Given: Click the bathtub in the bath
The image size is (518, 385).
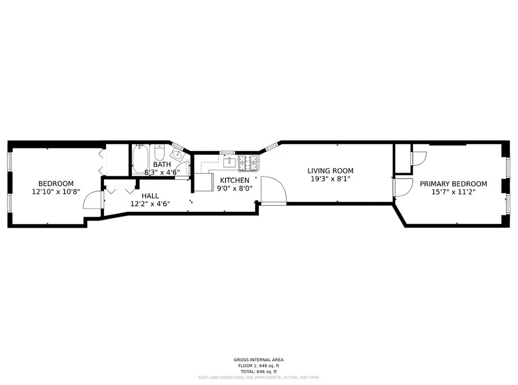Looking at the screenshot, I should point(140,159).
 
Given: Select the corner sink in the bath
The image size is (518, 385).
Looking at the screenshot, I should point(177,155).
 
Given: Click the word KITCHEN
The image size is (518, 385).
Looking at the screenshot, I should point(235,180).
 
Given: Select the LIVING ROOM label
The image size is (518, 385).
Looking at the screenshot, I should point(330,171).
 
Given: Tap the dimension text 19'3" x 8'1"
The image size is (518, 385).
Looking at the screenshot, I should point(330,179).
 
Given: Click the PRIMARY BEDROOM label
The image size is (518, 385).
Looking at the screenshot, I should point(453,184).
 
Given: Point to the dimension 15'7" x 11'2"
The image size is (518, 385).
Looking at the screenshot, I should point(453,192).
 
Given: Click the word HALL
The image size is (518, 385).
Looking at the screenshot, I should point(150,196).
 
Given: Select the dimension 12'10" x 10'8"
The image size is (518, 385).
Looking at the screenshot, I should point(56,192).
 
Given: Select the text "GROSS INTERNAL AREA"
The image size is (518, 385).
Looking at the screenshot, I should point(258,359).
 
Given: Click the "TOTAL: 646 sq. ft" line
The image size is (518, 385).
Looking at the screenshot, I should point(258,372).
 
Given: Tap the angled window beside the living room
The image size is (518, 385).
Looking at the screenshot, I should point(270,146).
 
